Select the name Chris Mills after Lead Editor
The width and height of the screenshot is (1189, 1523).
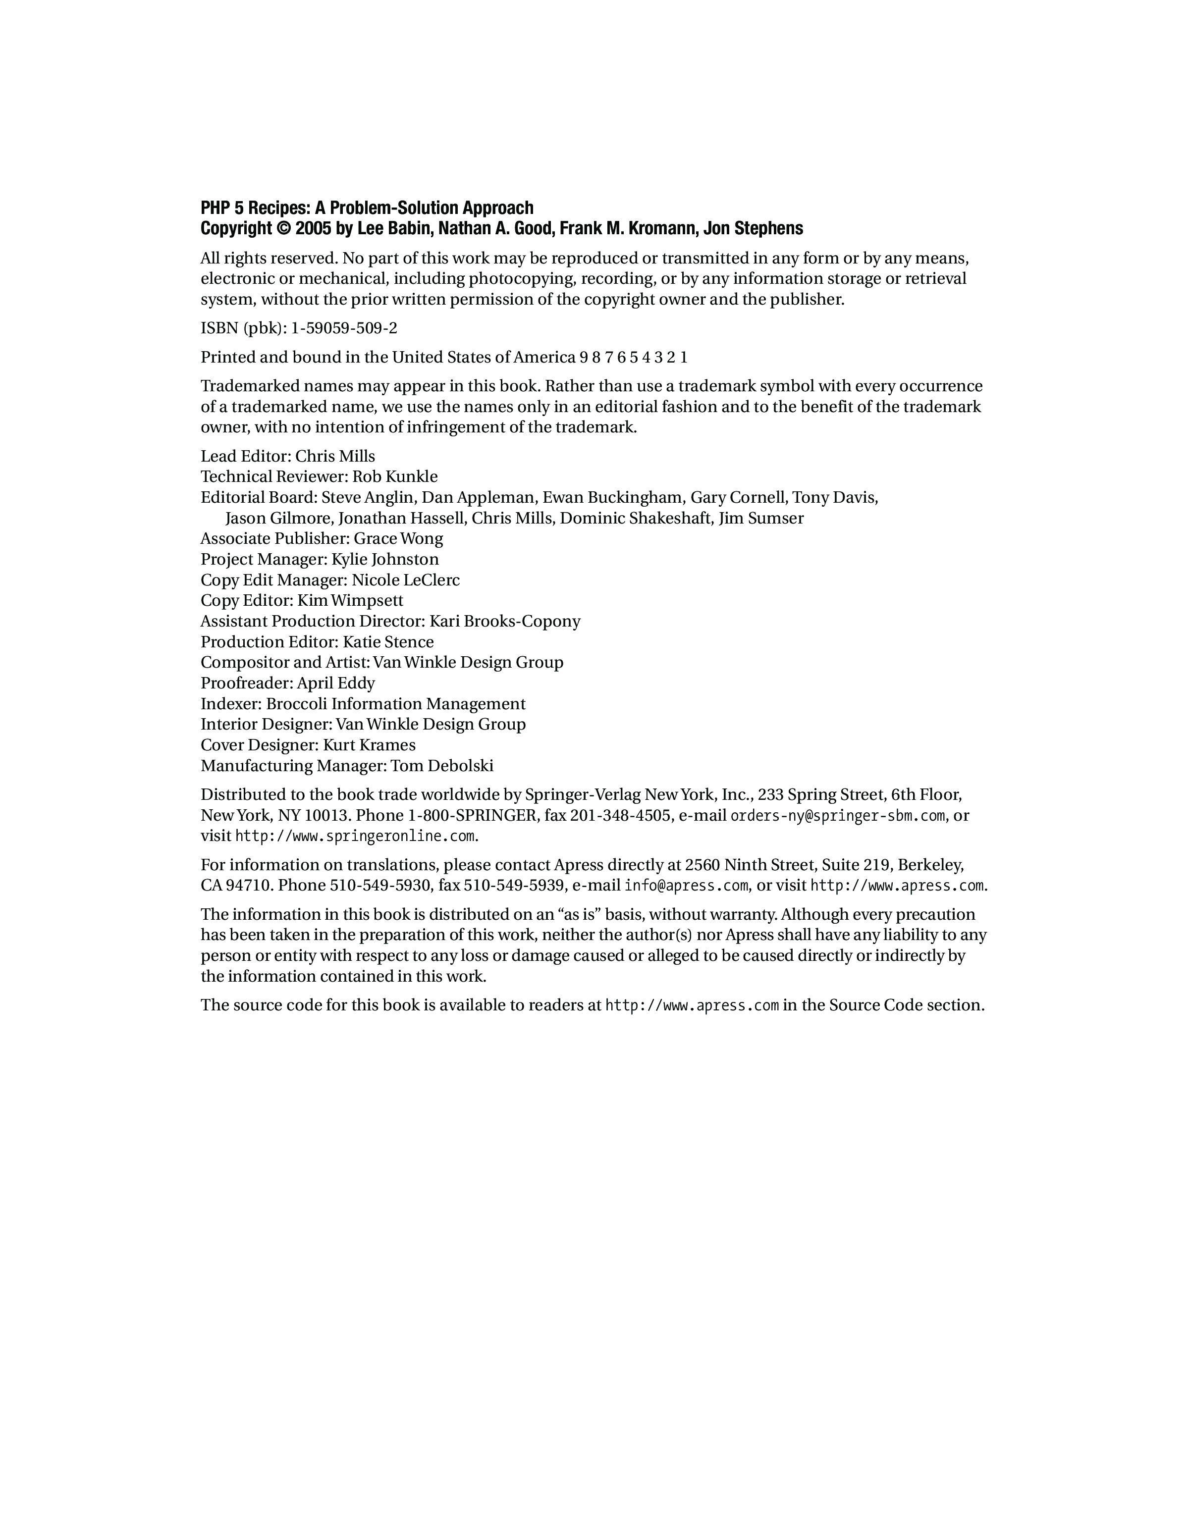335,457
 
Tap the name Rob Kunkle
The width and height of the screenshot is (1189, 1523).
395,477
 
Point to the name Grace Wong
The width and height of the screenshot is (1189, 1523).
398,539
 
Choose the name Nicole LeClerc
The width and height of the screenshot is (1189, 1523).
405,580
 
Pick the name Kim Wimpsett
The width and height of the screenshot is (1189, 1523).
350,600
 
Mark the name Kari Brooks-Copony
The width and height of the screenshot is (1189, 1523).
505,621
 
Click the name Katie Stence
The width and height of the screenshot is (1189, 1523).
388,642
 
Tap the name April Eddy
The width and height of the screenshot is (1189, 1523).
336,683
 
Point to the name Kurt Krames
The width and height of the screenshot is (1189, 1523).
369,745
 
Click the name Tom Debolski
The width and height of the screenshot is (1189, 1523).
441,766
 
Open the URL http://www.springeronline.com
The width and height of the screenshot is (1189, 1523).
355,836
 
